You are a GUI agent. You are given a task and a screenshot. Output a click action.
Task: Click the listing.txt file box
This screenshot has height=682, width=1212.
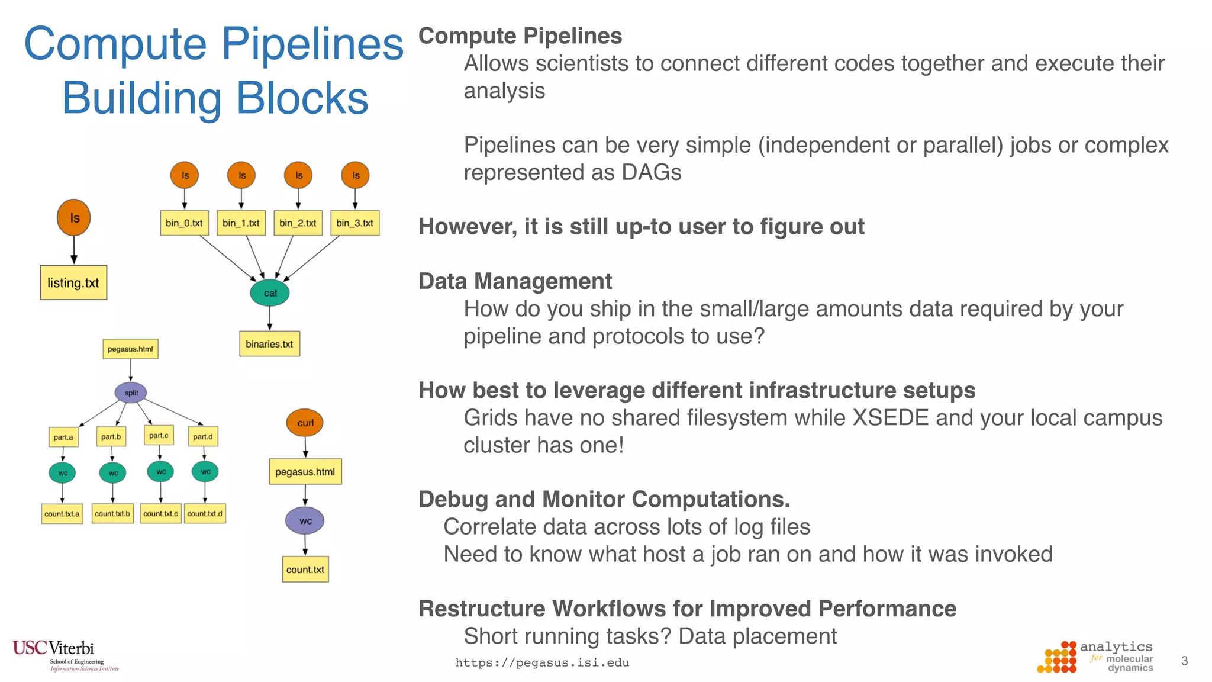coord(73,282)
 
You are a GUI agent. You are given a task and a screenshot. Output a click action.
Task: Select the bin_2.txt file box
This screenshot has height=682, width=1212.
coord(298,223)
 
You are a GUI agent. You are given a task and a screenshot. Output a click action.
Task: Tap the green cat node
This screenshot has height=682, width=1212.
coord(270,293)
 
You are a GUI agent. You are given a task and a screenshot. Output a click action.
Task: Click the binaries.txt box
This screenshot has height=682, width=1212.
coord(269,344)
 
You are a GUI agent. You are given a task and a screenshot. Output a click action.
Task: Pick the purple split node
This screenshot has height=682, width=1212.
coord(131,393)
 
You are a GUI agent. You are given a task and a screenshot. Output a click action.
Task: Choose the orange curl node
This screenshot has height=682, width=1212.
coord(305,423)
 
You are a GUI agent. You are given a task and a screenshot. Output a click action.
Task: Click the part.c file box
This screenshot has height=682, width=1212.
coord(159,435)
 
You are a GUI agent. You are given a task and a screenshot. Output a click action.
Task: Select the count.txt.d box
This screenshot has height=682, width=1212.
coord(205,513)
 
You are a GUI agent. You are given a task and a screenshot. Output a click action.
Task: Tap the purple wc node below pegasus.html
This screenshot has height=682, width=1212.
coord(305,521)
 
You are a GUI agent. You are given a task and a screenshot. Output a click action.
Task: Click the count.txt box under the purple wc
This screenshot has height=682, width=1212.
coord(305,570)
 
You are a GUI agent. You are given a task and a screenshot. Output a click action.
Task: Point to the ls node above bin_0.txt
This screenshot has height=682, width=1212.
coord(185,175)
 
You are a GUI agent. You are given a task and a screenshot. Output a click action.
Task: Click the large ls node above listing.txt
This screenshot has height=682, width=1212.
coord(74,218)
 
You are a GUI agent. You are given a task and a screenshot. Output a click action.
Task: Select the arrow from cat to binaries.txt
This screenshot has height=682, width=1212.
coord(270,319)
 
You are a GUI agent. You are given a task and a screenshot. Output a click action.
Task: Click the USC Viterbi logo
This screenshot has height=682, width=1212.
coord(59,654)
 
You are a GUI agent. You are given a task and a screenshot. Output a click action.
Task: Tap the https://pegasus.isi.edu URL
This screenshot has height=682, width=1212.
coord(542,662)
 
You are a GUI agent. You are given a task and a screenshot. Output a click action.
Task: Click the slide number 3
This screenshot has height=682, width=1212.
coord(1184,661)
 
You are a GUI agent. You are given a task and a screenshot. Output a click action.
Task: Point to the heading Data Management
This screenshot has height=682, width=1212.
coord(515,281)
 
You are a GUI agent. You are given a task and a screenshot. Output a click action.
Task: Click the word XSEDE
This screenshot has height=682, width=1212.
coord(891,418)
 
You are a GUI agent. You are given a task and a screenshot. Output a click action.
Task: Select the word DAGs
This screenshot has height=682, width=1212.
coord(651,173)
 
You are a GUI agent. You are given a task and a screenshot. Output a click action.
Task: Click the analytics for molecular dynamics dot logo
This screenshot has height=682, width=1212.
coord(1058,658)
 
